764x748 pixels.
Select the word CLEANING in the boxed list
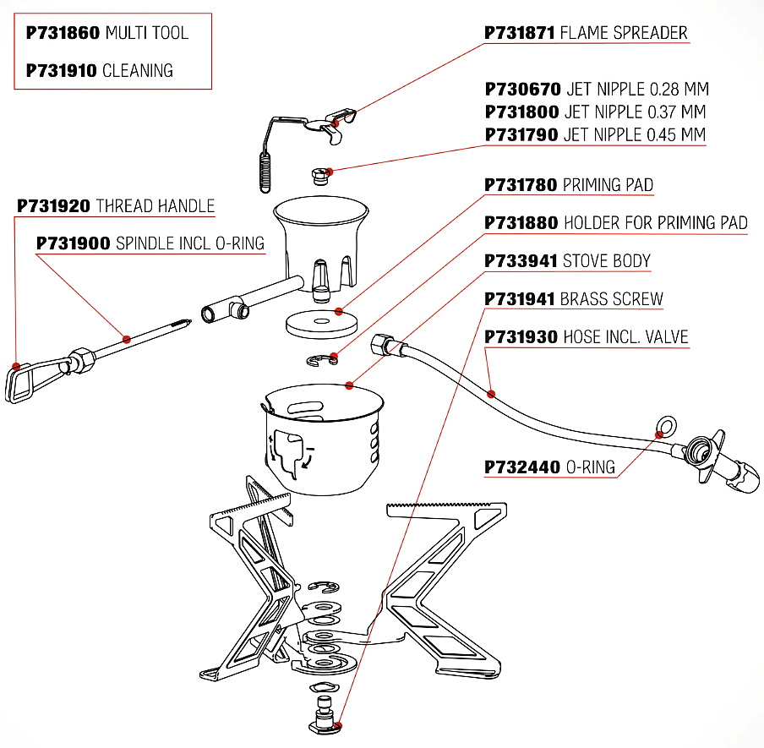pyautogui.click(x=138, y=71)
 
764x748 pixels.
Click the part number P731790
pyautogui.click(x=521, y=134)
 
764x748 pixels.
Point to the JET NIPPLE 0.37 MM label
pyautogui.click(x=634, y=112)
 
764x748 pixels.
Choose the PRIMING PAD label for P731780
pyautogui.click(x=608, y=185)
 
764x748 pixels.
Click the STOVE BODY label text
pyautogui.click(x=607, y=261)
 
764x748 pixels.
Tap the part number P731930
pyautogui.click(x=521, y=337)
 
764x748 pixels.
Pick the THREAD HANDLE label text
pyautogui.click(x=156, y=206)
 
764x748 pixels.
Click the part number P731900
pyautogui.click(x=73, y=243)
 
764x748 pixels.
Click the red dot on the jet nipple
pyautogui.click(x=329, y=172)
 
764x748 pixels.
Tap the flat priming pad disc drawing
pyautogui.click(x=320, y=322)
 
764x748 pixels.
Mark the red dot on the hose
pyautogui.click(x=492, y=393)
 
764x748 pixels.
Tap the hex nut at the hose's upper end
pyautogui.click(x=383, y=343)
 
